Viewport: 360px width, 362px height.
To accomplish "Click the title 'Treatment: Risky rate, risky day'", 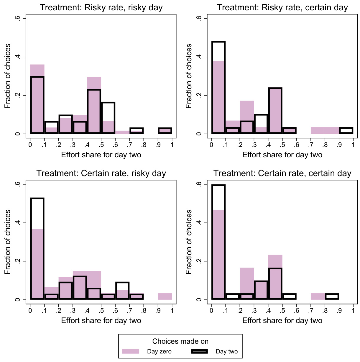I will click(101, 7).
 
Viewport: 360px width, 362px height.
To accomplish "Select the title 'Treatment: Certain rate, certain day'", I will click(282, 173).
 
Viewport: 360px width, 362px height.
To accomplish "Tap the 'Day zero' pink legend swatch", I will click(131, 351).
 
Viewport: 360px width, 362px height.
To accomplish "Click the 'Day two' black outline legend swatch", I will click(199, 351).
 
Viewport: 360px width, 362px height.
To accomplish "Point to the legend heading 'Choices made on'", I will click(180, 341).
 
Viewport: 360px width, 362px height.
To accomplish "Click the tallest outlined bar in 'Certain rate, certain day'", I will click(218, 242).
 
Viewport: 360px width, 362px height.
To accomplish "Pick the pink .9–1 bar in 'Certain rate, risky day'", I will click(165, 297).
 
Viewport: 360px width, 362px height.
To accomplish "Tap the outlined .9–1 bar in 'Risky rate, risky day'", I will click(165, 131).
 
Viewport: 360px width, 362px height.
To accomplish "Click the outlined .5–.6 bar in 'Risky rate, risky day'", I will click(108, 118).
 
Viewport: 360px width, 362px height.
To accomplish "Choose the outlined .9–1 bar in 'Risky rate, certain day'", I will click(346, 130).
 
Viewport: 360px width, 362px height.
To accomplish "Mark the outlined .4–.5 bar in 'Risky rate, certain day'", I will click(275, 111).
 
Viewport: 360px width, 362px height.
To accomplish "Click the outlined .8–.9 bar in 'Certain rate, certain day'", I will click(332, 297).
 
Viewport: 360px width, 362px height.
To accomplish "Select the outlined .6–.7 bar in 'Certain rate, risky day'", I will click(122, 291).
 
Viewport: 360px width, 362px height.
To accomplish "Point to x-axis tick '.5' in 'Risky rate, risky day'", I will click(101, 145).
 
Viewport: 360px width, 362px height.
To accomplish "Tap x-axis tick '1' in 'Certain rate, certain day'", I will click(353, 311).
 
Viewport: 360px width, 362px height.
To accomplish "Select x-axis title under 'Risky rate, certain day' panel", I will click(282, 155).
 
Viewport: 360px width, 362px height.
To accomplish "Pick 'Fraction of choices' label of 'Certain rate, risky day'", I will click(8, 242).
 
